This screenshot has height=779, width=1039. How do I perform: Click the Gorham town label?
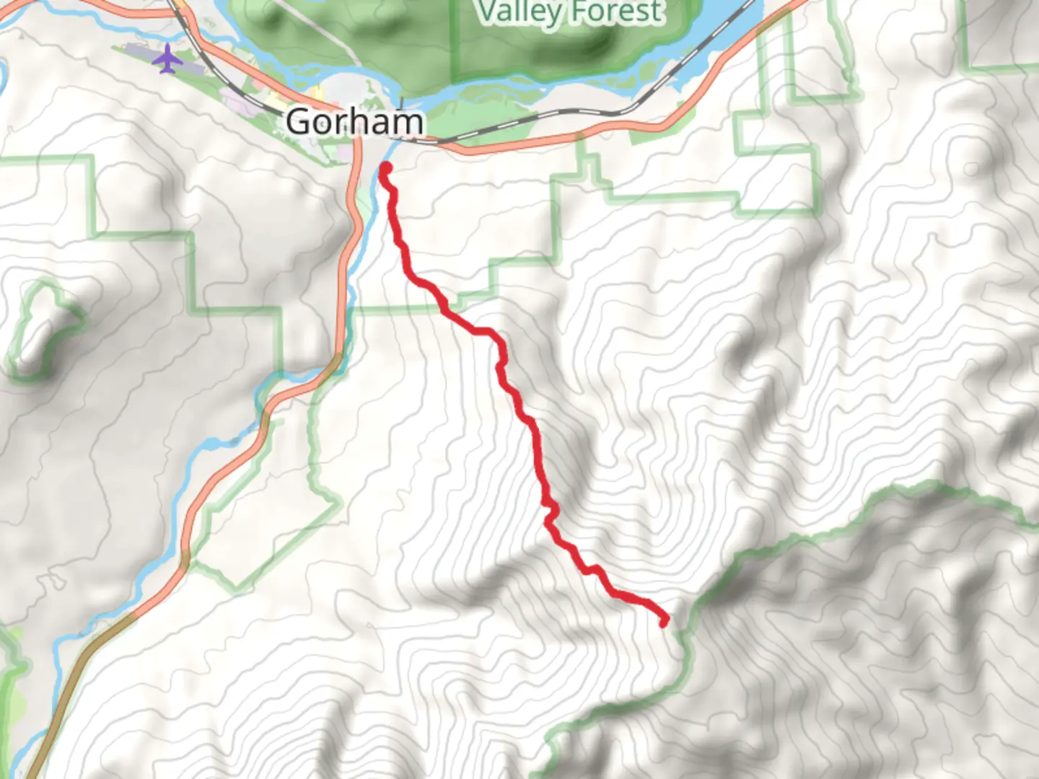(354, 121)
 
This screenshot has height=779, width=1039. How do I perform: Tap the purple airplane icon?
(167, 58)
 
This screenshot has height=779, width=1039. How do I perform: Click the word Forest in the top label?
(615, 12)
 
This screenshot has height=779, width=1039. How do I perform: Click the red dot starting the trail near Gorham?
(385, 169)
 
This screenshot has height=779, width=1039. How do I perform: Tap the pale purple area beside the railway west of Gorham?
(238, 101)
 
